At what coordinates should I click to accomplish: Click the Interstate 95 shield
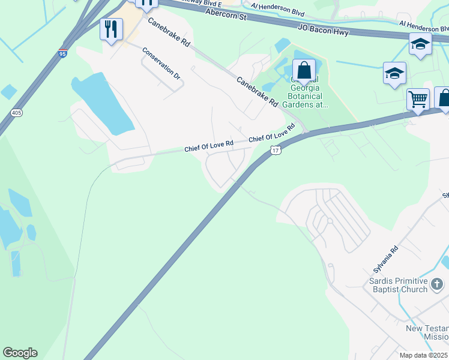tap(63, 54)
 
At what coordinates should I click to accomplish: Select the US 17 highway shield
tap(275, 150)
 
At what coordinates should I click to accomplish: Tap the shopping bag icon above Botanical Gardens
tap(304, 71)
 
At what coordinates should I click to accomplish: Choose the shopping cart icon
tap(418, 98)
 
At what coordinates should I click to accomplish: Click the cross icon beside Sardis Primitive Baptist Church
tap(438, 283)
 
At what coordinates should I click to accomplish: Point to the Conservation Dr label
tap(161, 64)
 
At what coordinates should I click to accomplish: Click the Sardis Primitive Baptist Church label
tap(399, 286)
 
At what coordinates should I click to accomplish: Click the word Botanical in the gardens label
tap(305, 96)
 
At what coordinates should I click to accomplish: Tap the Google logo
tap(20, 353)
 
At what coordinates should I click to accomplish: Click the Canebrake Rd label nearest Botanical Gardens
tap(257, 91)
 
